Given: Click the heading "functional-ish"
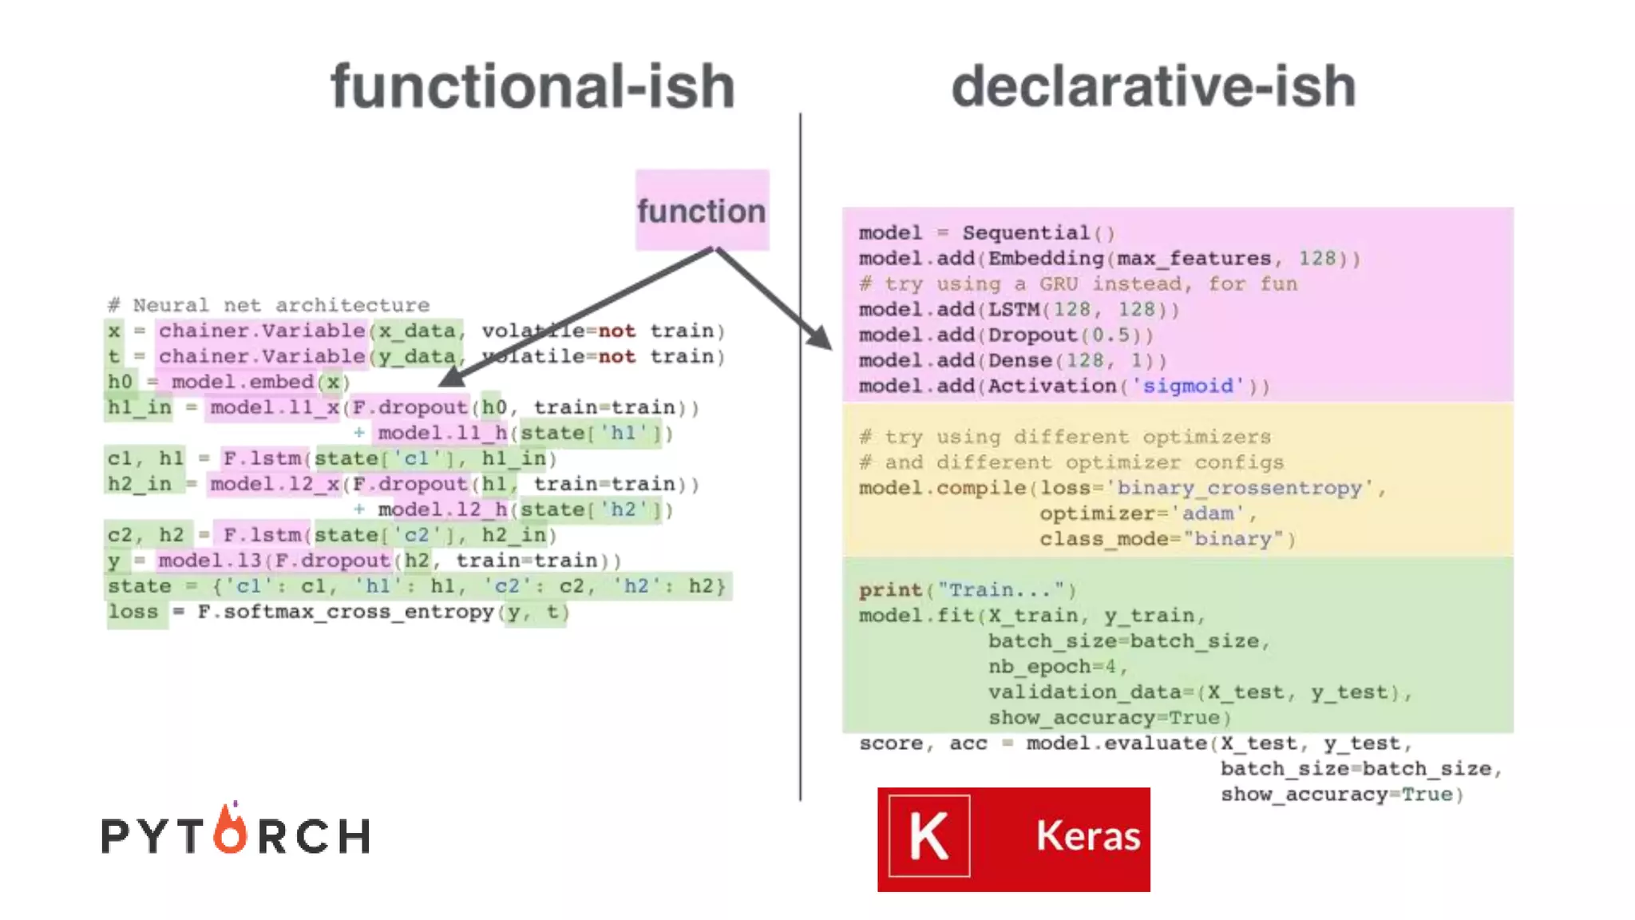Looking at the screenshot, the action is click(532, 86).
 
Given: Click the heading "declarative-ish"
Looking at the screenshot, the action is click(1154, 86).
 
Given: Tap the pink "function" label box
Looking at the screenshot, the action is click(702, 210).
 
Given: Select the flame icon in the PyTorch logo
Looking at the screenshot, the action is click(231, 831).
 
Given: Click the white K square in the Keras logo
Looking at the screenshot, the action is click(929, 836).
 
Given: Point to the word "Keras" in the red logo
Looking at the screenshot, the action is click(1088, 836).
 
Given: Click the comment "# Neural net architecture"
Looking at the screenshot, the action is click(269, 305).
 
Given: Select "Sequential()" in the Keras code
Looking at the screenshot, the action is click(1038, 233).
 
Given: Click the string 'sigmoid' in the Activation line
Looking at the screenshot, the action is click(1188, 387).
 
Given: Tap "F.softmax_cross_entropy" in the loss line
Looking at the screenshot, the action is click(346, 612).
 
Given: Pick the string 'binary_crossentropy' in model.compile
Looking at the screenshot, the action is click(1238, 488).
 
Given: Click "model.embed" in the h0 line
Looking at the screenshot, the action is click(243, 382).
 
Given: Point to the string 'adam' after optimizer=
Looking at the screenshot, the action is click(1207, 514).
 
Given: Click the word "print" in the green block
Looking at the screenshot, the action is click(890, 590).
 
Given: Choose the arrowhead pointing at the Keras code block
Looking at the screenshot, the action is click(819, 338).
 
